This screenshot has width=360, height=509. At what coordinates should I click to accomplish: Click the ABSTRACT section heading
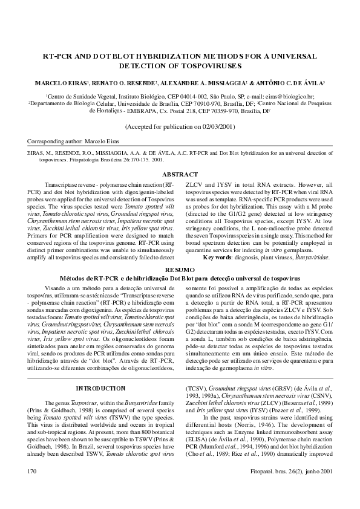point(180,175)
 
